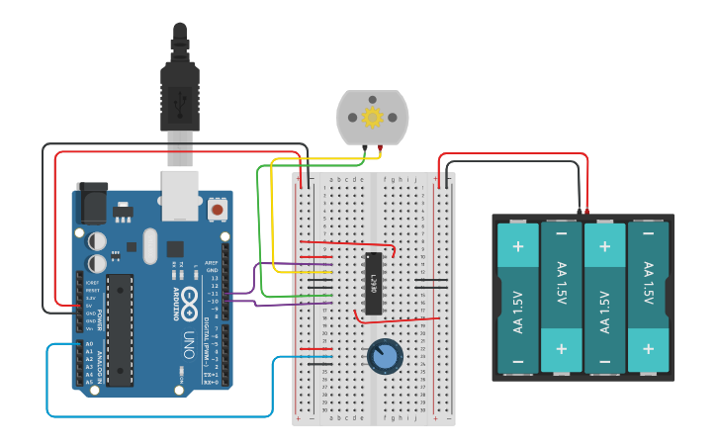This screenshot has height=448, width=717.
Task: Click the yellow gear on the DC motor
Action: (372, 118)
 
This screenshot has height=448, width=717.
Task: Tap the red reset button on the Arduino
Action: (217, 209)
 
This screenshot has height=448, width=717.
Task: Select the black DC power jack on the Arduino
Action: (91, 203)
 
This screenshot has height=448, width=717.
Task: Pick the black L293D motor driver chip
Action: (374, 283)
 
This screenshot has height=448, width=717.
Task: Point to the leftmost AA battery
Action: (517, 298)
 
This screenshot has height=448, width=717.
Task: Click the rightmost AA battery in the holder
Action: (649, 298)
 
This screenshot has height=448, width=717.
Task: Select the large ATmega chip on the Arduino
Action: (120, 329)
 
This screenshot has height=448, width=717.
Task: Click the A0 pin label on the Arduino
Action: (89, 343)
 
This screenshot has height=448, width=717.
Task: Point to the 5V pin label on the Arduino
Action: (89, 306)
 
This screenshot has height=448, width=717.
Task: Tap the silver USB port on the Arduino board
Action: (180, 194)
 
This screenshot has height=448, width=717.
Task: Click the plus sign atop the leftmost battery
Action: (517, 244)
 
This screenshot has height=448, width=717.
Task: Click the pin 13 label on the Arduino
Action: (213, 279)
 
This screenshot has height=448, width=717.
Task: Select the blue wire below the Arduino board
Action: (158, 416)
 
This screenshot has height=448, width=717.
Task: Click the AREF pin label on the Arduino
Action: (211, 263)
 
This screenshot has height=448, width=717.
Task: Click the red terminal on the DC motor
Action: (382, 148)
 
